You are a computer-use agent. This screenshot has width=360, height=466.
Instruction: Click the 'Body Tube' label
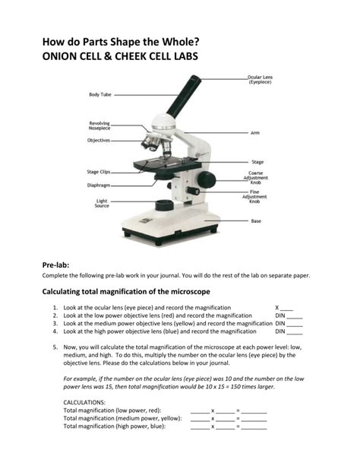coord(100,95)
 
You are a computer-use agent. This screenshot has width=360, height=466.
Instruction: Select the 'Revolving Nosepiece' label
coord(99,126)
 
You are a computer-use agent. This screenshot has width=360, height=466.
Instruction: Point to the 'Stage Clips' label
coord(99,173)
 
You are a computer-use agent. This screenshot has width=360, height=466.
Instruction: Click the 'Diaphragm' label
coord(99,185)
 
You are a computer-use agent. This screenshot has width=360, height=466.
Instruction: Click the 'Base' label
coord(256,221)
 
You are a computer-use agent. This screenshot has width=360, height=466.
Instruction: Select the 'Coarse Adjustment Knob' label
coord(256,177)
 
